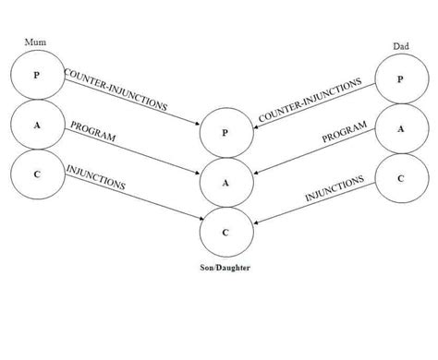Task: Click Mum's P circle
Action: click(37, 75)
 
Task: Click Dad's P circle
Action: click(400, 79)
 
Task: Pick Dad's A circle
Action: click(400, 129)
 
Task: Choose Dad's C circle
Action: click(400, 179)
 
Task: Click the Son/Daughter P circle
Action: click(225, 133)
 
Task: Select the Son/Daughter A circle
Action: click(225, 182)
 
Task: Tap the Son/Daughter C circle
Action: click(225, 231)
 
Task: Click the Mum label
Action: click(33, 42)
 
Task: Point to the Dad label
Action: click(401, 47)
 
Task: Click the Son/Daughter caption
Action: click(225, 268)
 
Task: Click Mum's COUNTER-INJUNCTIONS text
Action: click(116, 90)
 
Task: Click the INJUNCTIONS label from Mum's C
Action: click(96, 177)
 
